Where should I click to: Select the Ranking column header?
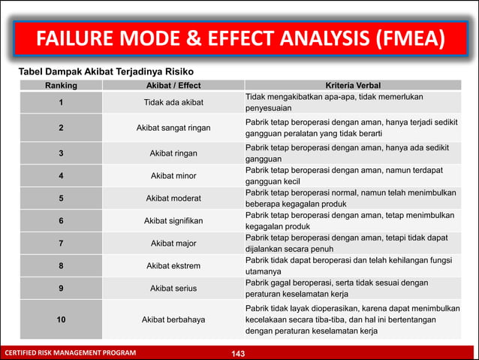[61, 86]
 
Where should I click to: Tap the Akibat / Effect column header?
[173, 86]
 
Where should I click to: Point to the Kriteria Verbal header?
[352, 86]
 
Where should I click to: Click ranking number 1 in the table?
[61, 103]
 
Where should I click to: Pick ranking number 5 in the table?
[61, 199]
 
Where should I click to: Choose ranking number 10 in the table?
[61, 319]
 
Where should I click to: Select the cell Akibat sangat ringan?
[173, 128]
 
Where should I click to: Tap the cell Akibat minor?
[173, 177]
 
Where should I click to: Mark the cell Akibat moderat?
[173, 199]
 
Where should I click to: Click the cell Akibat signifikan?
[173, 221]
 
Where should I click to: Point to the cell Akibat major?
[173, 244]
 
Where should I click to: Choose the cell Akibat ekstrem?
[173, 266]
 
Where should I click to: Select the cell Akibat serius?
[173, 288]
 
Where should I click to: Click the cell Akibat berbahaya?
[173, 319]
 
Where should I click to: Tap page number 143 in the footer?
[239, 353]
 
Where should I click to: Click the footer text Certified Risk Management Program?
[71, 353]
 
